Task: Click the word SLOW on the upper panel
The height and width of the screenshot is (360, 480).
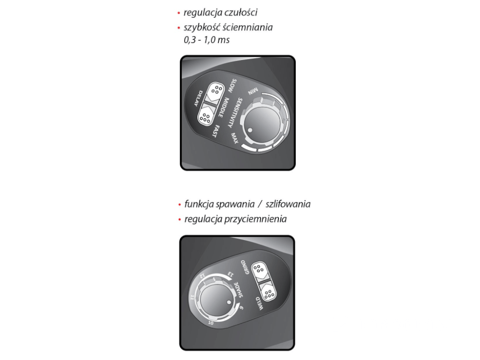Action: pyautogui.click(x=232, y=86)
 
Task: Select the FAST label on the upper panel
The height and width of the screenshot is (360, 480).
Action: pyautogui.click(x=216, y=131)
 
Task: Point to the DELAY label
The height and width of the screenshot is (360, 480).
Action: pyautogui.click(x=198, y=98)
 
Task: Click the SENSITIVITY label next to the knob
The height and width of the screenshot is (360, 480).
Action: pyautogui.click(x=235, y=113)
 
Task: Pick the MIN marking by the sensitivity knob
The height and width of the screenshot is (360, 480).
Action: pyautogui.click(x=253, y=91)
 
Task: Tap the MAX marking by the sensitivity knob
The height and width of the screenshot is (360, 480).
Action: pyautogui.click(x=235, y=138)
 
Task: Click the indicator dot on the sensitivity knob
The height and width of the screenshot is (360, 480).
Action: pyautogui.click(x=250, y=130)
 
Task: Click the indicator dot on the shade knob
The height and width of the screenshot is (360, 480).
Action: pyautogui.click(x=228, y=302)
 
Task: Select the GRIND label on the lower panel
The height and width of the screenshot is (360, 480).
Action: pyautogui.click(x=245, y=267)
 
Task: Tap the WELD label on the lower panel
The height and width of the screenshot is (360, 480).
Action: pyautogui.click(x=259, y=303)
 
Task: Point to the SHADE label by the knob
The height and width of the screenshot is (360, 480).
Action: pyautogui.click(x=239, y=290)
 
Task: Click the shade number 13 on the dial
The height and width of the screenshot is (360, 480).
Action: pyautogui.click(x=230, y=274)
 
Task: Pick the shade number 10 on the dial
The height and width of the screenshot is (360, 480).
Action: pyautogui.click(x=211, y=323)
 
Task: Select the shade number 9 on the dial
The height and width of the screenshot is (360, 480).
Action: pyautogui.click(x=241, y=308)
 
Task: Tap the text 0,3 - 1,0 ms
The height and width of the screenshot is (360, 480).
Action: pyautogui.click(x=206, y=40)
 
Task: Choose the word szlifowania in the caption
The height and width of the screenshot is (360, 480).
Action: pyautogui.click(x=288, y=204)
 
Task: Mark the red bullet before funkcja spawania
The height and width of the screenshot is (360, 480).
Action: pyautogui.click(x=180, y=204)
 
